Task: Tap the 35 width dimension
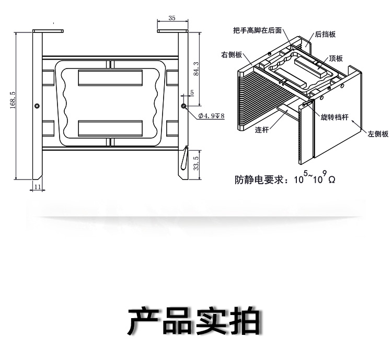click(x=172, y=18)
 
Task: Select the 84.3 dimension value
click(x=196, y=68)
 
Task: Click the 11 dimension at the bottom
click(x=37, y=186)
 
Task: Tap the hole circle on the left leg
click(x=37, y=106)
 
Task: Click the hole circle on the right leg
click(x=184, y=106)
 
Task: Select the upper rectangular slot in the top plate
click(x=110, y=78)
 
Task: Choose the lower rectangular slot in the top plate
click(x=110, y=128)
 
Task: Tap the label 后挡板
click(x=325, y=35)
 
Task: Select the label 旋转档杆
click(x=334, y=118)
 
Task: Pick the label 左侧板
click(x=378, y=134)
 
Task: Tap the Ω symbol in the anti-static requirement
click(x=331, y=179)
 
